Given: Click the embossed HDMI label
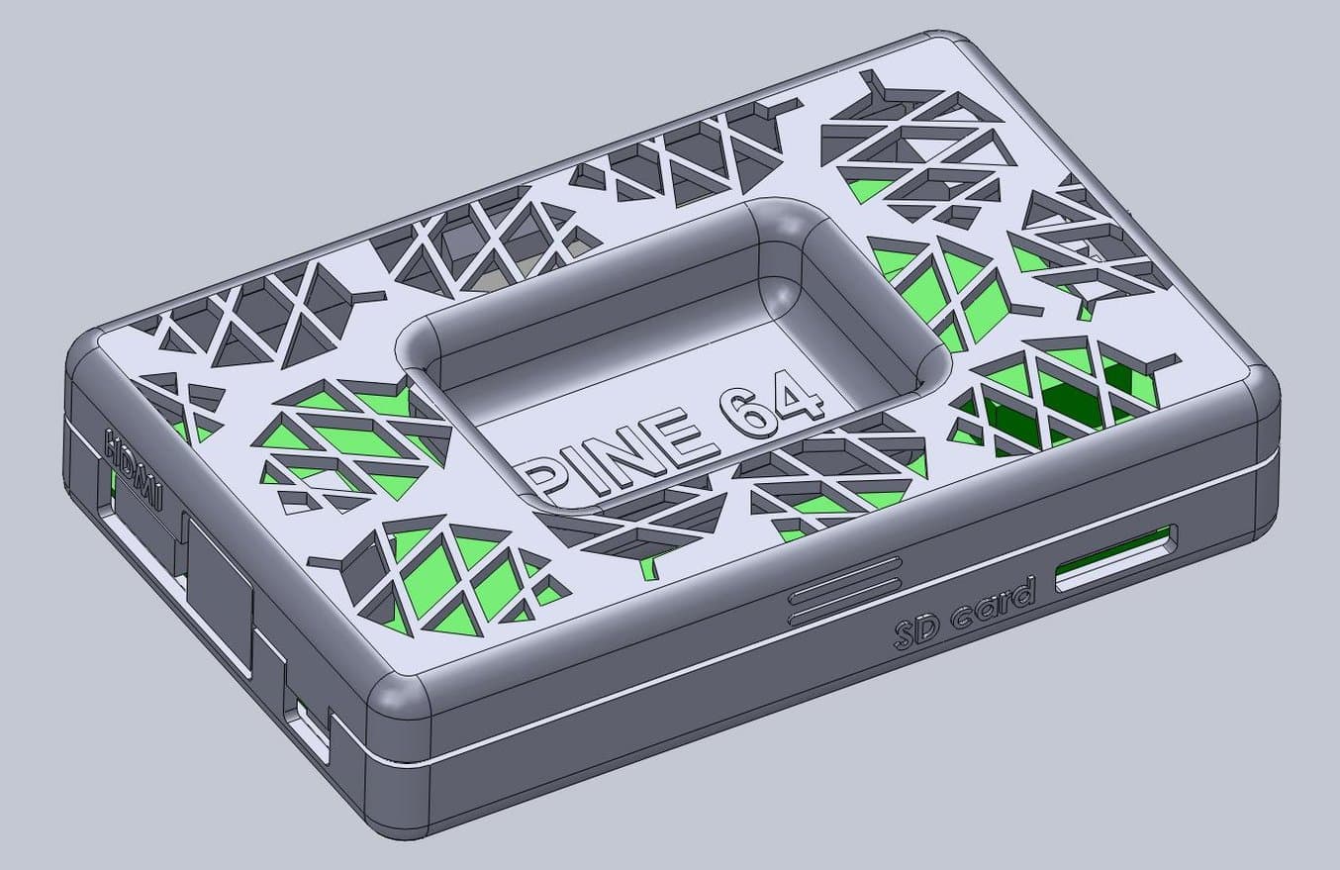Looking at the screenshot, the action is click(133, 468).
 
